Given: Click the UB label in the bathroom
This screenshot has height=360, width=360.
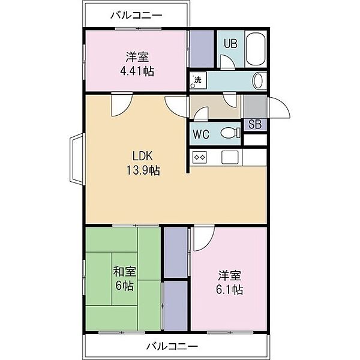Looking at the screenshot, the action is click(230, 44).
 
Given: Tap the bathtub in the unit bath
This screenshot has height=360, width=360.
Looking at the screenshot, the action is click(256, 49).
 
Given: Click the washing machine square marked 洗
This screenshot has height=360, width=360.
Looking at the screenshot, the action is click(198, 80).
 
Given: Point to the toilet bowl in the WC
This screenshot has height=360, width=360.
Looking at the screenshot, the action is click(230, 133).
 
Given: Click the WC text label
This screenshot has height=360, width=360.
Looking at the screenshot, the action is click(201, 134).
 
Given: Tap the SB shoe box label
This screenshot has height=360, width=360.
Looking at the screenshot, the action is click(255, 124).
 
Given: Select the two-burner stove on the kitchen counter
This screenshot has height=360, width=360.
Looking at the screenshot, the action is click(200, 157).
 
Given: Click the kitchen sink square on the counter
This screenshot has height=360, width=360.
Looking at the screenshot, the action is click(230, 157).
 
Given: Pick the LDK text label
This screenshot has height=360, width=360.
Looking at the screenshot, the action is click(142, 156).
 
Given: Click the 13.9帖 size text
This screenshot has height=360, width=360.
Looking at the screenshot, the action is click(143, 170).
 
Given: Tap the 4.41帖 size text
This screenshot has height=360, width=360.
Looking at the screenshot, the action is click(137, 71).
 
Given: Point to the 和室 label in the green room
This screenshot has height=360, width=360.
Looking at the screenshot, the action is click(124, 272).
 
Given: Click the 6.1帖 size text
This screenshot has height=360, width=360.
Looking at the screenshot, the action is click(229, 290).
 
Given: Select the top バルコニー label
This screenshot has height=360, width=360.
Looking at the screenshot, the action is click(136, 16).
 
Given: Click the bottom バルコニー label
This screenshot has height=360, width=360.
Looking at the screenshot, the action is click(172, 346).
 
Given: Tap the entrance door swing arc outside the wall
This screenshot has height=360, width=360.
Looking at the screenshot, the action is click(279, 107).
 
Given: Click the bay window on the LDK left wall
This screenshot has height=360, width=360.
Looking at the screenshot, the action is click(77, 158).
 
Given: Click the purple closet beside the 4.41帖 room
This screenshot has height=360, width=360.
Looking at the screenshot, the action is click(202, 49).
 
